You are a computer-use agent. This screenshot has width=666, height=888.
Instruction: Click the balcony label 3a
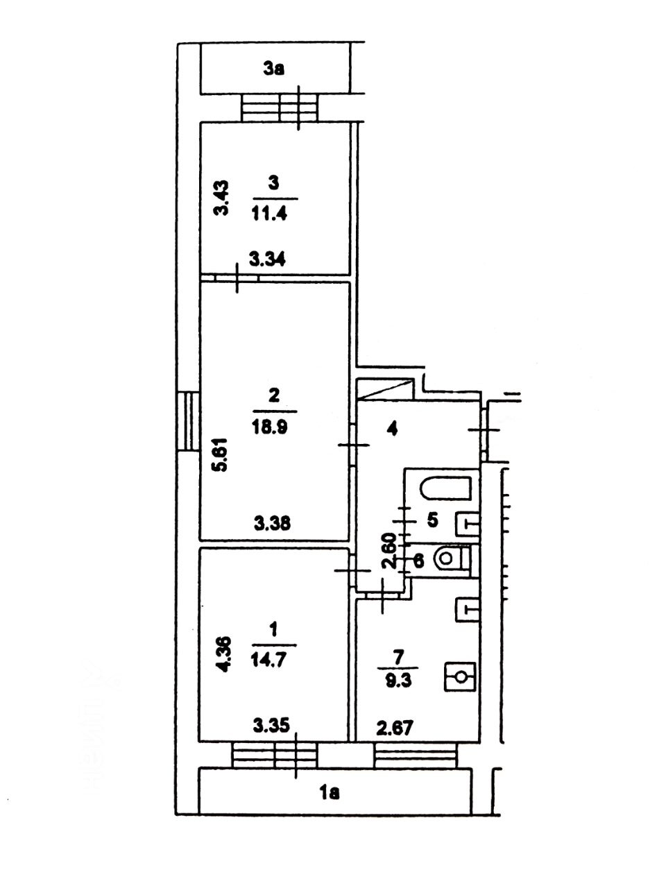click(x=274, y=69)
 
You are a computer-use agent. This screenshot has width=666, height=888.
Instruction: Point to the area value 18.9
click(x=270, y=427)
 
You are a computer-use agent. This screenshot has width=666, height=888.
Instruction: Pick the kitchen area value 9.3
click(x=399, y=680)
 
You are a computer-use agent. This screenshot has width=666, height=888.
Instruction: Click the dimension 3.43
click(x=221, y=198)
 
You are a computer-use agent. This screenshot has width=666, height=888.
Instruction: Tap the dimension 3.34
click(x=267, y=259)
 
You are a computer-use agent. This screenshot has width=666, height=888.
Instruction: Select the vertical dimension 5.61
click(x=221, y=454)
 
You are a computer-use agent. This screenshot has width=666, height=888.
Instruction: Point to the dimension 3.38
click(x=273, y=524)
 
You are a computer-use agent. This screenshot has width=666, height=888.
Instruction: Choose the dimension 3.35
click(x=272, y=726)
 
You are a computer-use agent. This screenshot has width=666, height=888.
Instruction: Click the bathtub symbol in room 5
click(x=446, y=488)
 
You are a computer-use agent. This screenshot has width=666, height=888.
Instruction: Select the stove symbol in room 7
click(x=460, y=677)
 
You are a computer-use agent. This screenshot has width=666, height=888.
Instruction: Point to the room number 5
click(x=432, y=520)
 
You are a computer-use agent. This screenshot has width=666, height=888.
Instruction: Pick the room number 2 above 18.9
click(x=274, y=395)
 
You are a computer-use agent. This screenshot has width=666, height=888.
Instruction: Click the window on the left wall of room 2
click(x=189, y=420)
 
